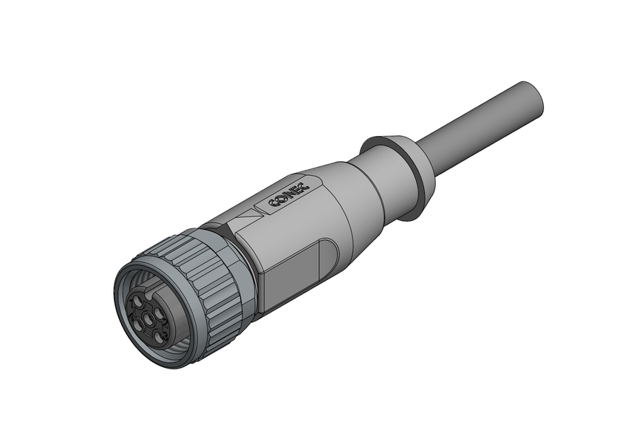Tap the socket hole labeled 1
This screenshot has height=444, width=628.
(137, 301)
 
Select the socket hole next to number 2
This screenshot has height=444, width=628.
(157, 312)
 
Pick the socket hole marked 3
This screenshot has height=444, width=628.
(158, 336)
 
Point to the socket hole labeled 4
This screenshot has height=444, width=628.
(138, 326)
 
